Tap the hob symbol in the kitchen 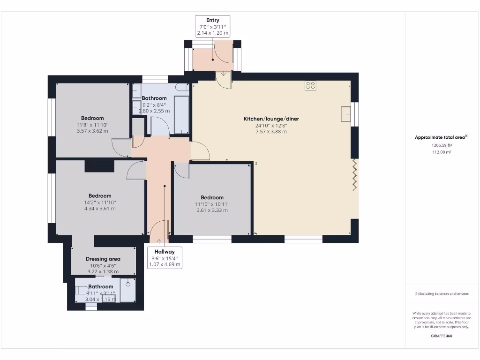(x=310, y=85)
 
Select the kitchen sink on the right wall (x=346, y=114)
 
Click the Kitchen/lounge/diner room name (x=271, y=119)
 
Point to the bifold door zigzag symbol (x=355, y=174)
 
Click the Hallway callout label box (x=165, y=258)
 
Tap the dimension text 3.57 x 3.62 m (x=92, y=131)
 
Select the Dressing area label (x=103, y=259)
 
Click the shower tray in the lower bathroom (x=127, y=290)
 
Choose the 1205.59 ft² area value (x=442, y=145)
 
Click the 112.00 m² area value (x=442, y=152)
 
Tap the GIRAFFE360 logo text (x=442, y=336)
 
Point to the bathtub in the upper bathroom (x=181, y=114)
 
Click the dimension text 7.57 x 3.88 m (x=271, y=132)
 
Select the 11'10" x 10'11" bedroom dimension (x=212, y=204)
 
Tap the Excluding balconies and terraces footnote (x=442, y=293)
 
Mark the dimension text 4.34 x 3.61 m (x=100, y=209)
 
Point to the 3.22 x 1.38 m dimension (x=103, y=271)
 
